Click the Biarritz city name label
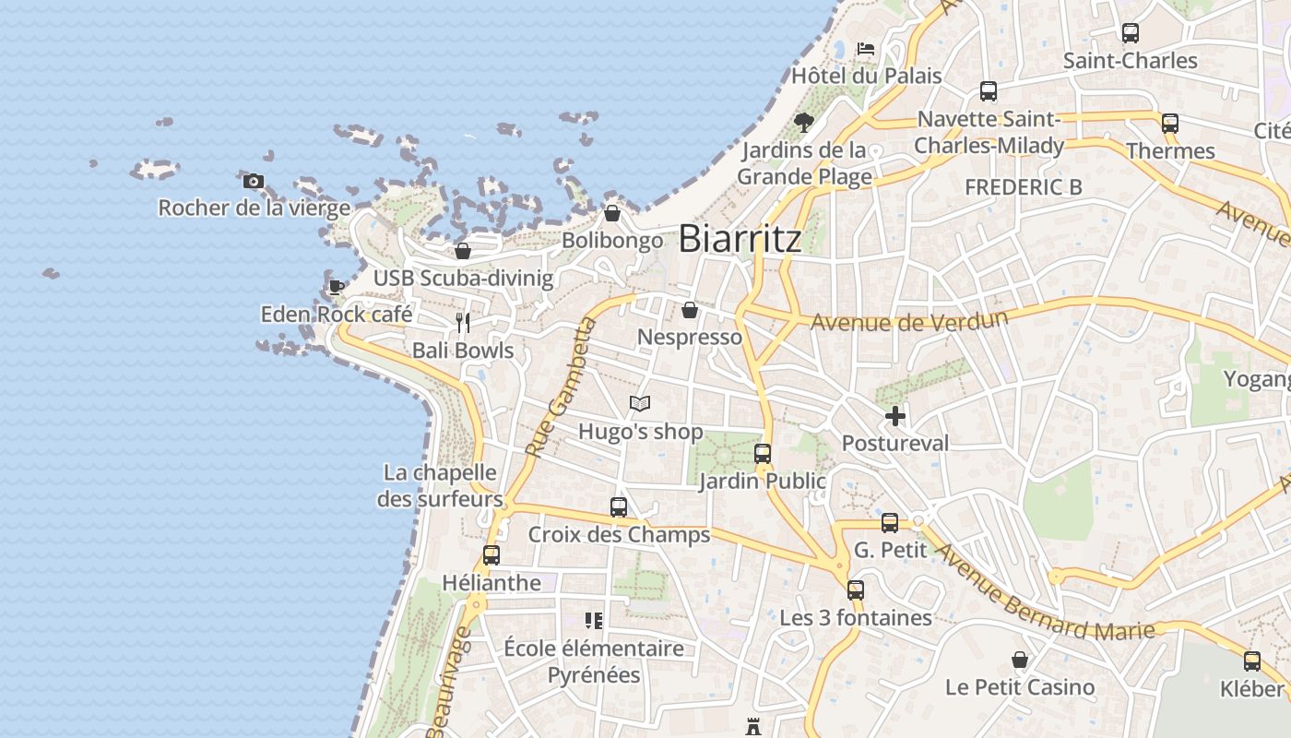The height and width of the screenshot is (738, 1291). coord(740,239)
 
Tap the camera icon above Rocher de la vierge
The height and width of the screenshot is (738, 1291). coord(254,181)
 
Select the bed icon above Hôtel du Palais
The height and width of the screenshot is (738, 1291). coord(865,48)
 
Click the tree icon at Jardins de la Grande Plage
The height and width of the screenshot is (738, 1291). coord(804,122)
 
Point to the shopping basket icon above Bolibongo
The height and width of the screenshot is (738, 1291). coord(611,214)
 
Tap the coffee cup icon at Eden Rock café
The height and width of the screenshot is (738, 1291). coord(337,287)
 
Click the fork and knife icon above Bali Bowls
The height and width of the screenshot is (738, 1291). coord(463,323)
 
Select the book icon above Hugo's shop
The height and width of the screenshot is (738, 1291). coord(640,403)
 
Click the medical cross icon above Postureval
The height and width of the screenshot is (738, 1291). coord(894,416)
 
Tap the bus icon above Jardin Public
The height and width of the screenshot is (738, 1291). coord(763,453)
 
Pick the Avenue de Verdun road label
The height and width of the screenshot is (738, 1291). coord(908,321)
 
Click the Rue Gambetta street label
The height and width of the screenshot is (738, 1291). coord(561,387)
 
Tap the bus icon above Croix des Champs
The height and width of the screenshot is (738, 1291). coord(619,506)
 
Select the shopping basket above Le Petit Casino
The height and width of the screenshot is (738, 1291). coord(1020,660)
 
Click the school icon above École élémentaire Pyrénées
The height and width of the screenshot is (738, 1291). coord(594,620)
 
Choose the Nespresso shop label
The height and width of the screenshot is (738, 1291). coord(690,338)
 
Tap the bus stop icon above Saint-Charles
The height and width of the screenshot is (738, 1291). coord(1131,33)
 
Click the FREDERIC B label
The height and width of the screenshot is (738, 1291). coord(1024,187)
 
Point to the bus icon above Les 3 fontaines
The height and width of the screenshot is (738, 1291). coord(856,589)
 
